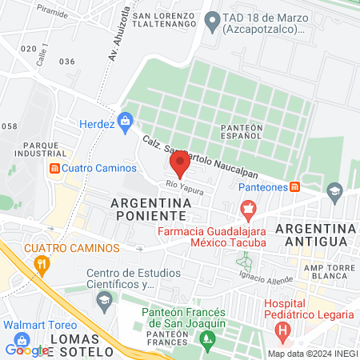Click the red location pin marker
[x=180, y=166]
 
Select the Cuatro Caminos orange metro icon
[x=54, y=169]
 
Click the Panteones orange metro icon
[x=295, y=186]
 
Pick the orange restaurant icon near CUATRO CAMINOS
[x=42, y=263]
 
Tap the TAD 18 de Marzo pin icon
[x=211, y=22]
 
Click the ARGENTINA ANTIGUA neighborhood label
[x=312, y=234]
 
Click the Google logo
[x=26, y=349]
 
